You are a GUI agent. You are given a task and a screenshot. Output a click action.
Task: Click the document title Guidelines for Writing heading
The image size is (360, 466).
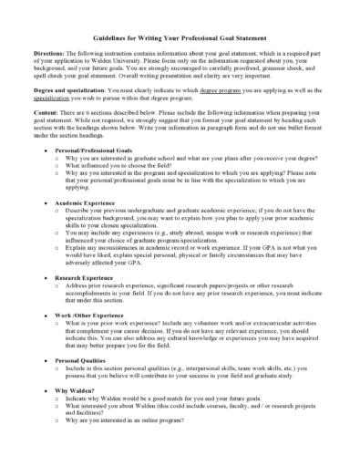180,40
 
